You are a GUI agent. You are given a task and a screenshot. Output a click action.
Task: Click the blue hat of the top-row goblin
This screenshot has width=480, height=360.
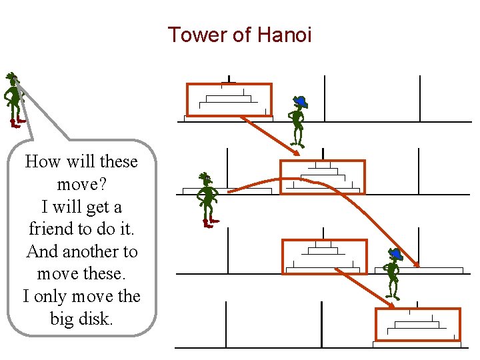click(301, 101)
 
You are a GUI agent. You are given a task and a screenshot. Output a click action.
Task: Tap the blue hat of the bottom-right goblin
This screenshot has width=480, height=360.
click(395, 253)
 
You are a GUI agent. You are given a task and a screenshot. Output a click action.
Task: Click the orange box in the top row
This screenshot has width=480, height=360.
click(229, 100)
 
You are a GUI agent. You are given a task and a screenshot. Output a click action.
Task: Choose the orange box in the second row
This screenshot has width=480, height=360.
click(322, 177)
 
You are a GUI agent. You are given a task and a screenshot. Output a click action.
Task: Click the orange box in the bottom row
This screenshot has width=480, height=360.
click(417, 324)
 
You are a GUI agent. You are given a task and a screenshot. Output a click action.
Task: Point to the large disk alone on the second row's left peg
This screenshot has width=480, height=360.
click(227, 191)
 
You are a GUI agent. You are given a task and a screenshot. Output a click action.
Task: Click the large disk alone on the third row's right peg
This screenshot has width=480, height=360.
click(419, 270)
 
